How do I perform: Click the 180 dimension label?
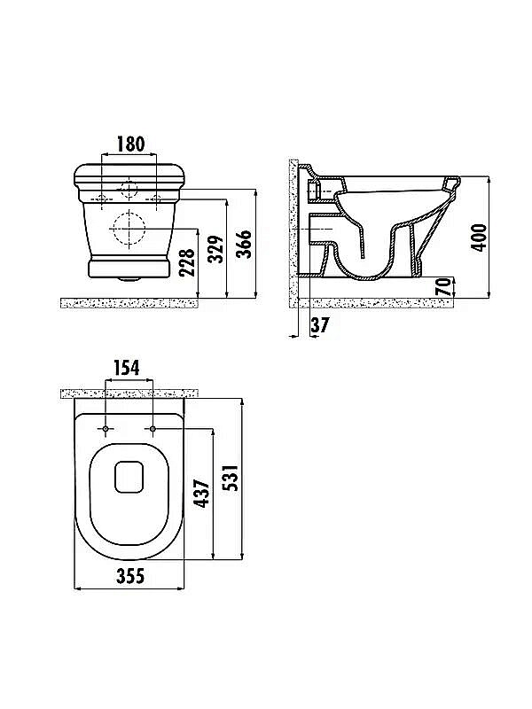(x=130, y=144)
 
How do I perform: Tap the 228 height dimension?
(x=186, y=262)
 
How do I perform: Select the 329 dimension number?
(x=215, y=249)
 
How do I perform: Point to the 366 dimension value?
(x=245, y=244)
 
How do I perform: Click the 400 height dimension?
(x=479, y=237)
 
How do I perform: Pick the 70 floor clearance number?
(x=443, y=287)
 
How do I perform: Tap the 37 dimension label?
(x=320, y=324)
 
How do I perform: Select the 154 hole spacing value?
(x=126, y=368)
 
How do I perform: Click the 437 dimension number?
(x=202, y=494)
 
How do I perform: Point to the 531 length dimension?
(x=231, y=478)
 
